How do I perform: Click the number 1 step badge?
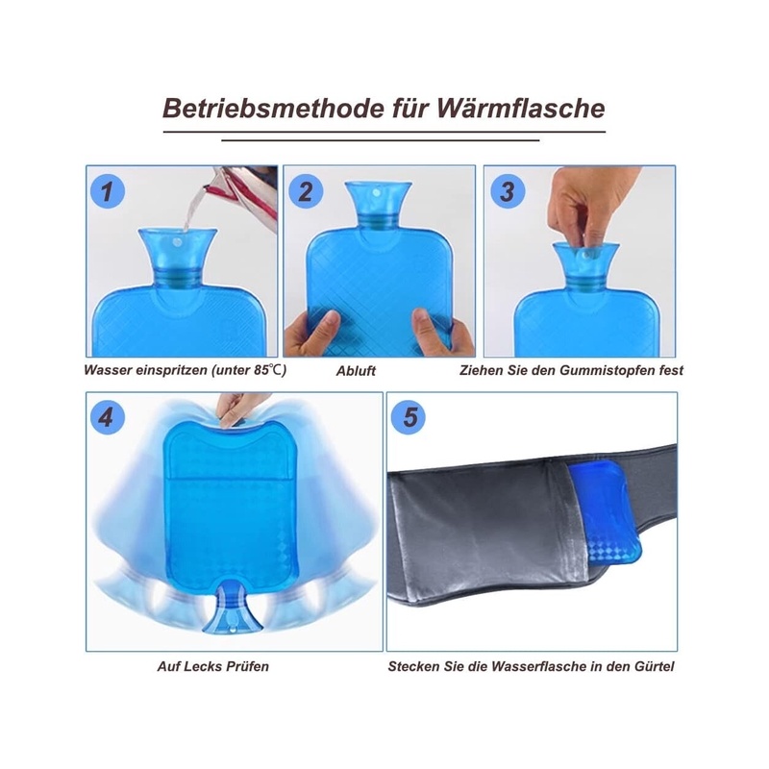(x=108, y=190)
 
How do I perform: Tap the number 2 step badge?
(x=305, y=190)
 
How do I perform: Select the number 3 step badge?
(x=508, y=190)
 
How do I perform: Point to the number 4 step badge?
(x=108, y=417)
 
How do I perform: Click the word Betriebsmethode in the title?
(x=273, y=109)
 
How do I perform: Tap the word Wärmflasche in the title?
(x=521, y=109)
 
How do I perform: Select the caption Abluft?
(x=356, y=371)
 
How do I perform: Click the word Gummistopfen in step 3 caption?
(x=606, y=371)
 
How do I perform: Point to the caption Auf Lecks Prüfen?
(x=212, y=666)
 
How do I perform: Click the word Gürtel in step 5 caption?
(x=656, y=666)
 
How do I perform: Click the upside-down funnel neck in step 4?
(x=232, y=608)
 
